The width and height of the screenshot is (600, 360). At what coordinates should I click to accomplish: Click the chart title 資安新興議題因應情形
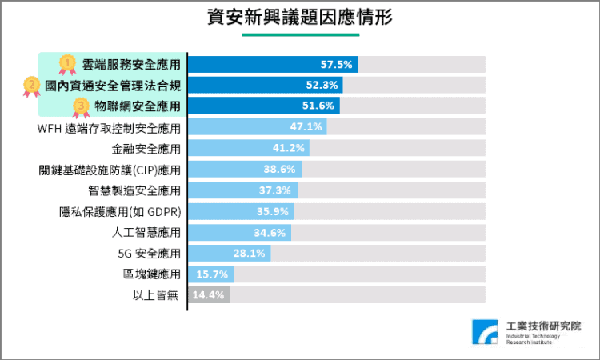(299, 17)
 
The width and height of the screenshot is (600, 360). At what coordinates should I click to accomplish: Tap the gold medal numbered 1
(68, 63)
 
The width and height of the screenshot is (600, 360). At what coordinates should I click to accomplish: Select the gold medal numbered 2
(32, 85)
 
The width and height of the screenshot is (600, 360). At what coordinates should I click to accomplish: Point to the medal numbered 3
(81, 106)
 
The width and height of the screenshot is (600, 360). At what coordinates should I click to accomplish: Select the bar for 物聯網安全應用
(264, 106)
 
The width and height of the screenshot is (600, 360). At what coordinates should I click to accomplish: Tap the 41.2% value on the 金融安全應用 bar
(288, 148)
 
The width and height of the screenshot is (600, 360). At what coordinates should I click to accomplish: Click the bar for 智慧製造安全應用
(242, 190)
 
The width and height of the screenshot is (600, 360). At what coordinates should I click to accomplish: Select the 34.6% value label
(270, 232)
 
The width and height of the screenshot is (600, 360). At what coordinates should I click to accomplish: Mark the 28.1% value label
(249, 254)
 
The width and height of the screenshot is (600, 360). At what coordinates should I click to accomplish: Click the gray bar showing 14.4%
(209, 295)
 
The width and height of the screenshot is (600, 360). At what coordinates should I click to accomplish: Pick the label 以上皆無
(156, 295)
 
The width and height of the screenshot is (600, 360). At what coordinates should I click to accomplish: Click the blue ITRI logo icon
(485, 333)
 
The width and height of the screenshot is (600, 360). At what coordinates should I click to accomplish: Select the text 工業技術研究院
(544, 326)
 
